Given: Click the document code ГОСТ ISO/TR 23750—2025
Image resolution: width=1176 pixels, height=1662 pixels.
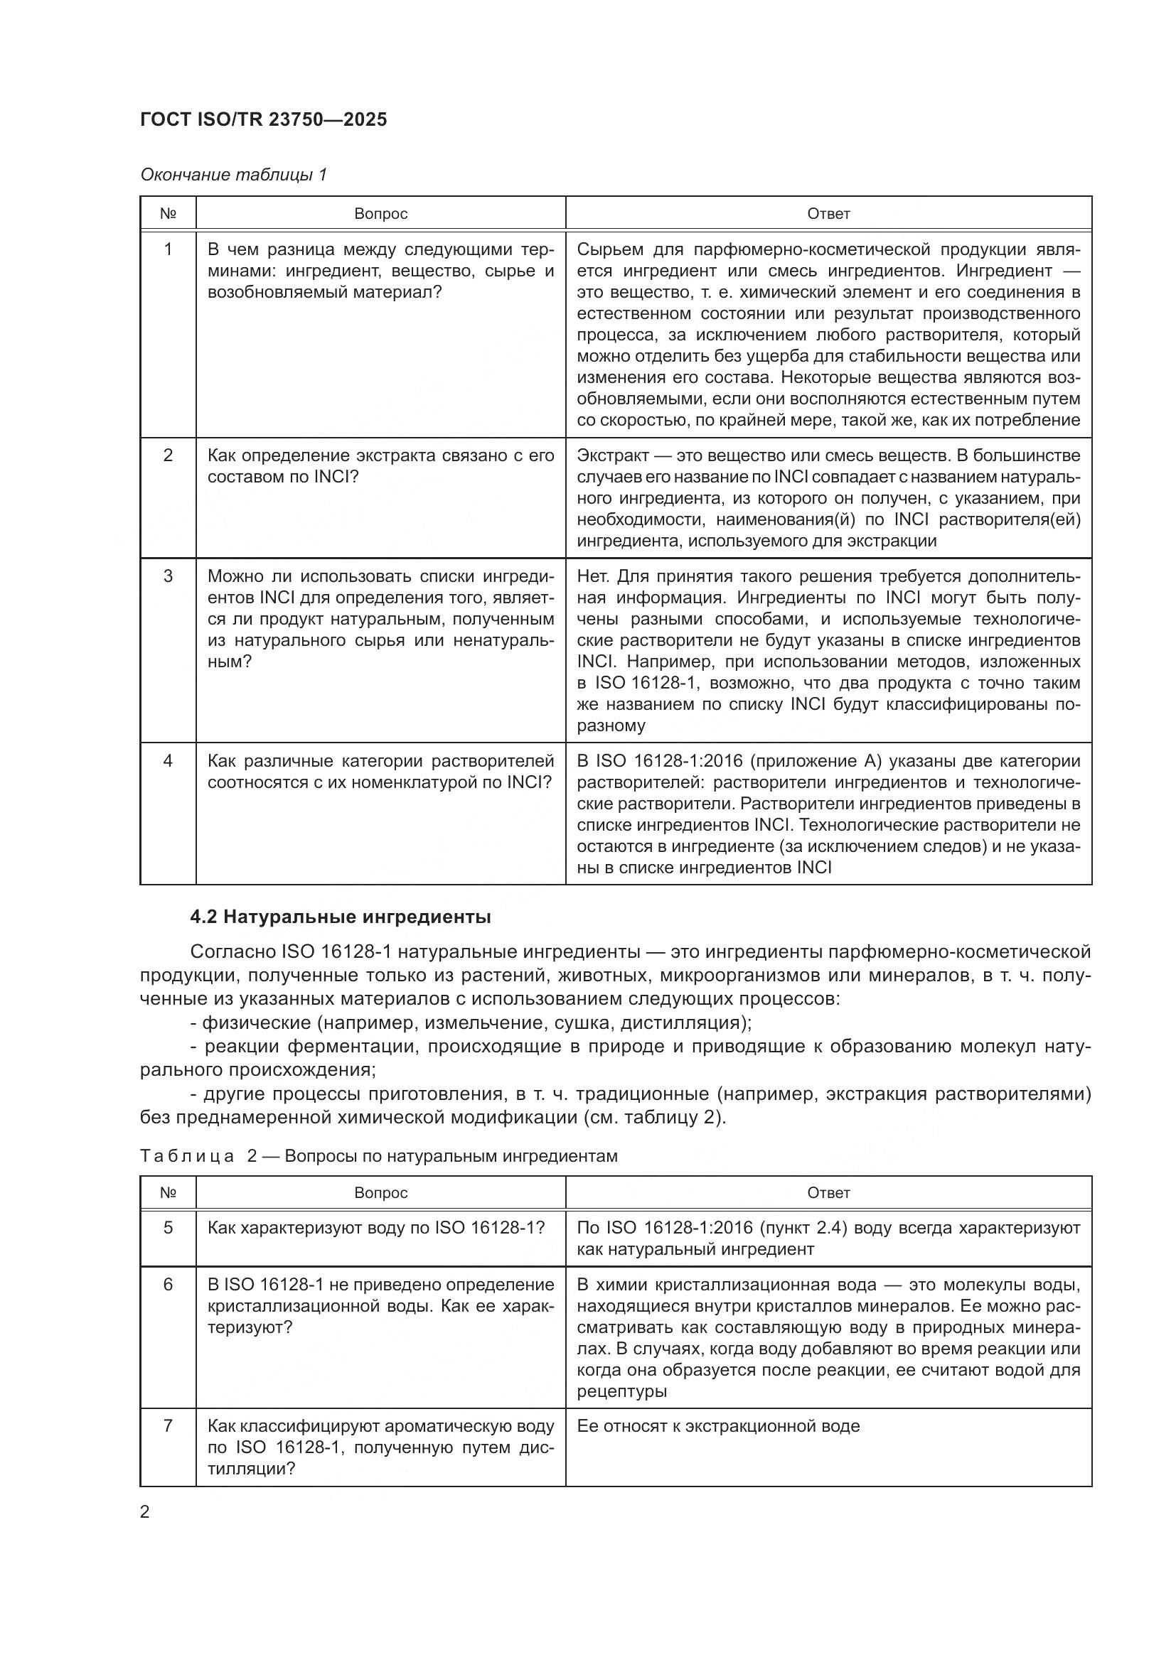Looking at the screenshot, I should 264,119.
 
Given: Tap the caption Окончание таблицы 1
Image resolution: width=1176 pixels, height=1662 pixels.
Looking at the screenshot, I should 233,175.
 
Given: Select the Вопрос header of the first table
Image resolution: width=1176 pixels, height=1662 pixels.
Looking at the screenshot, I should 380,214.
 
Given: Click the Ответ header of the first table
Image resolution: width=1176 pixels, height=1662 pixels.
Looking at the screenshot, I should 828,214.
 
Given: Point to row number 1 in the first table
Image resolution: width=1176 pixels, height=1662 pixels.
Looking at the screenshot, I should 168,249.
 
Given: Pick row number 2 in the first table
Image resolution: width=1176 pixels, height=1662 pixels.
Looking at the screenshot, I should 168,455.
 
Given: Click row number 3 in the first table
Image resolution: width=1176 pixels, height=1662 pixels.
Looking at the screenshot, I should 168,576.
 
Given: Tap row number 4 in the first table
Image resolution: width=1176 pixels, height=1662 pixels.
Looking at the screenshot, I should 168,761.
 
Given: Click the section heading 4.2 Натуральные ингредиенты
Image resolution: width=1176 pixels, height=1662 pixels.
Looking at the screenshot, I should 341,917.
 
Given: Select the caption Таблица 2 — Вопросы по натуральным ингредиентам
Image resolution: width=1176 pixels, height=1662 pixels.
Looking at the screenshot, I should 379,1156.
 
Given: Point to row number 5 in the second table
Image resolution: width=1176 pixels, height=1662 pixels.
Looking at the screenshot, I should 168,1228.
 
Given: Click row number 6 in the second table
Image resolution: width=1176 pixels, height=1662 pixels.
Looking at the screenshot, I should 168,1285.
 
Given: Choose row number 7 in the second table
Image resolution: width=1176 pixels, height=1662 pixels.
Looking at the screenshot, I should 168,1426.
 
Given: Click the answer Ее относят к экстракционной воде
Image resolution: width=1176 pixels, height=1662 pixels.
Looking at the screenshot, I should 717,1426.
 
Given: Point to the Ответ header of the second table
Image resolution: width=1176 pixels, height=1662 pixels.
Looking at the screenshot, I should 828,1192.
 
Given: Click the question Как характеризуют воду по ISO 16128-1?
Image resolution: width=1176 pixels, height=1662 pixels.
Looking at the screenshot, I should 376,1228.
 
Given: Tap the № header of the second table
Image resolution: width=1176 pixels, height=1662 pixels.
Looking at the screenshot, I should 168,1192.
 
